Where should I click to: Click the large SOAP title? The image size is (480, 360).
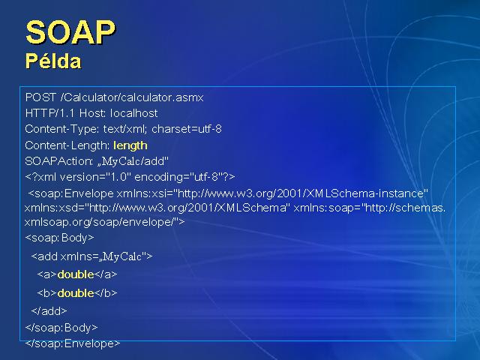pyautogui.click(x=70, y=32)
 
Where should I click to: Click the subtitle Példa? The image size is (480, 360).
pyautogui.click(x=53, y=61)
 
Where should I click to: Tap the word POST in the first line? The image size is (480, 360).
pyautogui.click(x=40, y=97)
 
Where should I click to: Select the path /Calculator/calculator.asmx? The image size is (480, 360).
pyautogui.click(x=132, y=97)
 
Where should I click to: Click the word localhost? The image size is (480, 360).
pyautogui.click(x=134, y=113)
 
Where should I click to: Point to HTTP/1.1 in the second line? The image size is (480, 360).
pyautogui.click(x=49, y=113)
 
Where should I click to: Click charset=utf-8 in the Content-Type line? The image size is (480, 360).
pyautogui.click(x=187, y=129)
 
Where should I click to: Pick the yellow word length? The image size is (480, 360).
pyautogui.click(x=130, y=145)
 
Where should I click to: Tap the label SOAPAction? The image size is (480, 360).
pyautogui.click(x=59, y=161)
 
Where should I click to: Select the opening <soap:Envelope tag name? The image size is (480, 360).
pyautogui.click(x=71, y=193)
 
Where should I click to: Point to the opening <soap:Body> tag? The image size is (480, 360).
pyautogui.click(x=60, y=238)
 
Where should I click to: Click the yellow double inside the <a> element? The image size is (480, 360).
pyautogui.click(x=76, y=274)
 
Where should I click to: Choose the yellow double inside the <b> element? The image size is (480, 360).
pyautogui.click(x=76, y=293)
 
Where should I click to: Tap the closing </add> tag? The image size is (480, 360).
pyautogui.click(x=49, y=311)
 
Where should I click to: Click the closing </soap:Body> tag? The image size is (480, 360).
pyautogui.click(x=61, y=328)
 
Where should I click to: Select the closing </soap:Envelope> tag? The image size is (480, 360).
pyautogui.click(x=73, y=343)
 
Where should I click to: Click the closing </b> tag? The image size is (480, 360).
pyautogui.click(x=106, y=293)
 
